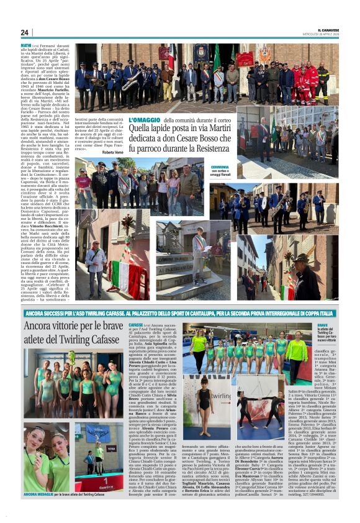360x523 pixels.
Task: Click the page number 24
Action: [24, 32]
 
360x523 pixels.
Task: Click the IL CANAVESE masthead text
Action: [327, 29]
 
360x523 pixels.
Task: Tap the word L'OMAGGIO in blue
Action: [144, 119]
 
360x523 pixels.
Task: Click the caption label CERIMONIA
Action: [220, 166]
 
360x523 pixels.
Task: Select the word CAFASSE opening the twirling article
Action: [136, 325]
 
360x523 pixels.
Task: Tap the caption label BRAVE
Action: [322, 325]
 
